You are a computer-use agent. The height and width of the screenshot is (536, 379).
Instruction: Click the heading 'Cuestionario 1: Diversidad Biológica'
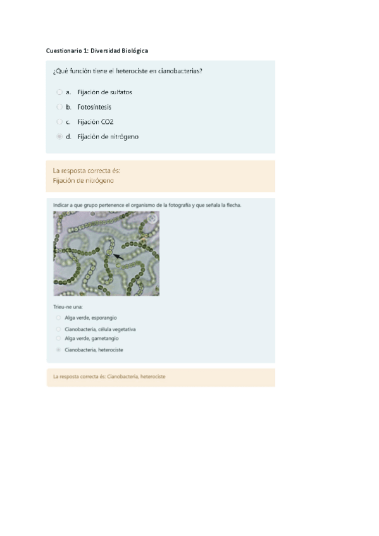tap(97, 51)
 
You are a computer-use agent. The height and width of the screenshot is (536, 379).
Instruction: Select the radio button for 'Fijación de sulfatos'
tap(59, 92)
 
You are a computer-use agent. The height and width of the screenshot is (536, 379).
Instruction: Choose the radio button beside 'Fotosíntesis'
tap(59, 107)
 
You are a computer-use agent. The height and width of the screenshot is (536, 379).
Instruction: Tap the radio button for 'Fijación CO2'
tap(59, 122)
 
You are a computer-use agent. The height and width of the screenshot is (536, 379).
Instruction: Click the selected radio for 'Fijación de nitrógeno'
tap(59, 137)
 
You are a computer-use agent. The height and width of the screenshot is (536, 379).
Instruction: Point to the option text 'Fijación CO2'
tap(96, 122)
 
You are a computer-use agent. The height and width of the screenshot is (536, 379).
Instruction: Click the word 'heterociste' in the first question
tap(132, 71)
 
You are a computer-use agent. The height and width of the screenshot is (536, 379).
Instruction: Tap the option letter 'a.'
tap(68, 92)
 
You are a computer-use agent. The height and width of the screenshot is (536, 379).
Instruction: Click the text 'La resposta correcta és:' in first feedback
tap(87, 171)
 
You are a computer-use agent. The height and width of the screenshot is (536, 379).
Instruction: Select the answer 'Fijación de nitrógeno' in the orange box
tap(83, 181)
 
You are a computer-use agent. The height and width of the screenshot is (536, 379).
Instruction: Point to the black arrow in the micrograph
tap(118, 257)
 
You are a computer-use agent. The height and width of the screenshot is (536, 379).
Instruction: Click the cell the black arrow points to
tap(109, 252)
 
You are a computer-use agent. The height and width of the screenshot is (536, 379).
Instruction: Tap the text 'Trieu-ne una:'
tap(68, 307)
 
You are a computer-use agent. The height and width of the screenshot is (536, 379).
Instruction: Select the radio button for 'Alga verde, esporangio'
tap(58, 317)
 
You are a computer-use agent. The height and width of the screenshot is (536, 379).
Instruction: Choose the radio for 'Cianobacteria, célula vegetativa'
tap(58, 329)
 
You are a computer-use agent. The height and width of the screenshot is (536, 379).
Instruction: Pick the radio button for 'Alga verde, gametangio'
tap(58, 338)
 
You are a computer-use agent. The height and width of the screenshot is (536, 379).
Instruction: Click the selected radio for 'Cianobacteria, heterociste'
tap(58, 350)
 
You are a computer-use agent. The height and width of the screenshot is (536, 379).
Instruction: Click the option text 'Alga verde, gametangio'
tap(92, 338)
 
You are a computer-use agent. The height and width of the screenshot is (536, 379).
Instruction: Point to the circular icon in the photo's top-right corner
tap(152, 219)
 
